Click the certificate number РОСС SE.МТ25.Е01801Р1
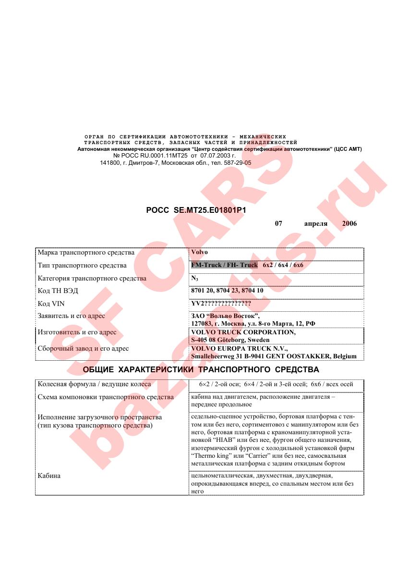199,210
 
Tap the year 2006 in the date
349,224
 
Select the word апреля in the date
315,224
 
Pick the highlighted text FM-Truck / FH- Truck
224,265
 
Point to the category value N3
195,279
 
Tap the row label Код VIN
51,304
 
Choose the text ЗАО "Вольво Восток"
225,316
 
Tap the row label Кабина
49,476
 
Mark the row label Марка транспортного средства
86,252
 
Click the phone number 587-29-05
237,163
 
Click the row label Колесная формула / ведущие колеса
94,384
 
